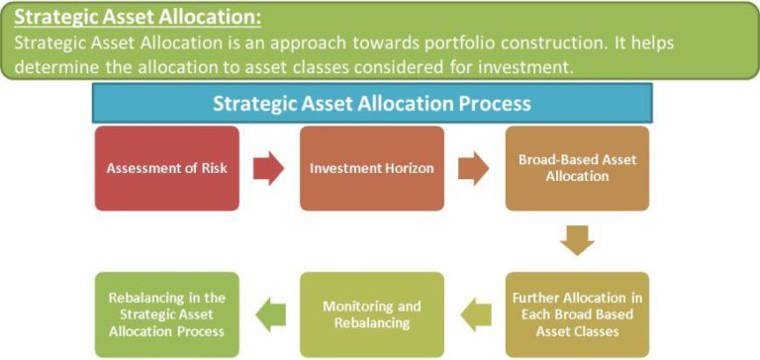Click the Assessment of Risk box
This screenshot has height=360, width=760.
pos(167,168)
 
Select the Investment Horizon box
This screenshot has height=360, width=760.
pos(371,168)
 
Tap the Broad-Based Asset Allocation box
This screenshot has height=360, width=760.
pos(577,168)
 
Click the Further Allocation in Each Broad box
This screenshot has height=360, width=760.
pos(577,315)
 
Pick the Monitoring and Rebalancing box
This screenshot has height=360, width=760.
pos(371,315)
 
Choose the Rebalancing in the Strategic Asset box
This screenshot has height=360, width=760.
pos(167,315)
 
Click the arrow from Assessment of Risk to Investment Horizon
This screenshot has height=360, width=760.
pos(268,169)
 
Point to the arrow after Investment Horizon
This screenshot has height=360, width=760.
pos(473,169)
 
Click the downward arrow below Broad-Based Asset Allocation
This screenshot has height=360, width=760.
pos(577,240)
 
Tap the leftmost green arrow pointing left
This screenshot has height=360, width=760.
pos(269,315)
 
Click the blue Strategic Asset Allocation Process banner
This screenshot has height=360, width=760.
pos(371,103)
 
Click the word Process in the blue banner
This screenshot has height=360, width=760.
pos(495,103)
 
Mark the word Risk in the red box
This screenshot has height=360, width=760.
pos(212,168)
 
